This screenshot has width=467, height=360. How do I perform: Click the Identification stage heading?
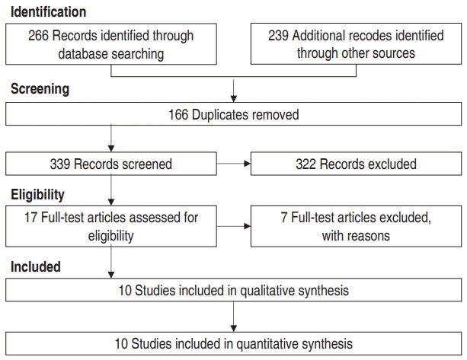click(x=48, y=12)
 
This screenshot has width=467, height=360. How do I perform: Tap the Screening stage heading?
click(x=40, y=89)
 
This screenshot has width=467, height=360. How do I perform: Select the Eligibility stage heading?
click(x=37, y=195)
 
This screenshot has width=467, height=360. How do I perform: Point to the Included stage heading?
click(x=36, y=266)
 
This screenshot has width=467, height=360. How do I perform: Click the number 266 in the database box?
click(x=38, y=36)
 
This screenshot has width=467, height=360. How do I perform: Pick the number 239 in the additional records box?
click(x=278, y=36)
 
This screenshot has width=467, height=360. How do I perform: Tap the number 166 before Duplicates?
click(x=178, y=115)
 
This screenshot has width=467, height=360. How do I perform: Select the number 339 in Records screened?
click(x=60, y=164)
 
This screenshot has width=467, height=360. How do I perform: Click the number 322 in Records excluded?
click(x=305, y=164)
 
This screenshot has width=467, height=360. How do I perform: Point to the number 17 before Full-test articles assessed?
click(x=30, y=218)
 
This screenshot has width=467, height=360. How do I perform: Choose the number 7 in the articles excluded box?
click(x=284, y=218)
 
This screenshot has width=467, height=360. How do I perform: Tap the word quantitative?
click(x=267, y=344)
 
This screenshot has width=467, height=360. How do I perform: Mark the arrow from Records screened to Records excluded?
click(x=233, y=164)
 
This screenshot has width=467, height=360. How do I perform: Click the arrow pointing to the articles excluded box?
click(x=233, y=226)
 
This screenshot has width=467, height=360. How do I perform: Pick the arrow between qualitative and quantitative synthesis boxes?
click(x=234, y=317)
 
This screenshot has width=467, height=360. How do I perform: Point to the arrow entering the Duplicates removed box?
click(x=234, y=91)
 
